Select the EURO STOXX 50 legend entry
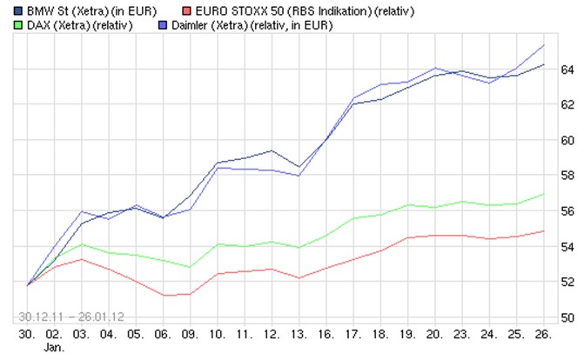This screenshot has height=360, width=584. click(x=310, y=11)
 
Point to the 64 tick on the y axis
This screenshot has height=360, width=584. click(x=567, y=69)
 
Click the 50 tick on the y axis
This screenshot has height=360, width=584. click(x=567, y=318)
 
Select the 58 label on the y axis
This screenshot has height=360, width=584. click(x=567, y=176)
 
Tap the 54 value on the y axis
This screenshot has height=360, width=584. click(x=567, y=247)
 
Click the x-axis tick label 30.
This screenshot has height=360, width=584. click(x=28, y=334)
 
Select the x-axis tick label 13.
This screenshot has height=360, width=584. click(x=299, y=334)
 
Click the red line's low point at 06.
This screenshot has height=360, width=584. click(x=164, y=296)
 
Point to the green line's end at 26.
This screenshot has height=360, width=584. click(x=545, y=194)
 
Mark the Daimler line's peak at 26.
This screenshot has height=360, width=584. click(x=545, y=45)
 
